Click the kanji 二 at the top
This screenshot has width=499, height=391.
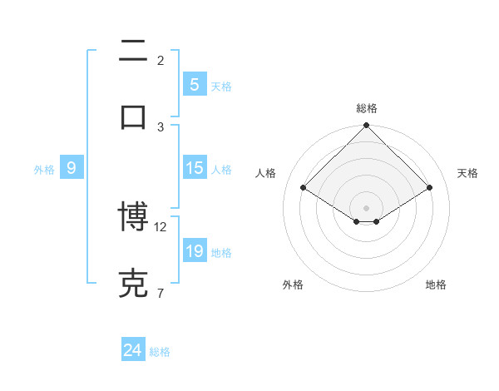coord(133,51)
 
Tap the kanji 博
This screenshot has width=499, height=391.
coord(133,217)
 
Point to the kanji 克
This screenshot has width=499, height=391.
coord(133,283)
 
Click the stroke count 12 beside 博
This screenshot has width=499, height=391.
coord(161,226)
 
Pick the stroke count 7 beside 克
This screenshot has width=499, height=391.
coord(160,293)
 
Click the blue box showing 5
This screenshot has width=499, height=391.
coord(194,84)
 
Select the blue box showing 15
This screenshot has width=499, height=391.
coord(194,168)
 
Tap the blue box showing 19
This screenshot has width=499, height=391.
coord(194,251)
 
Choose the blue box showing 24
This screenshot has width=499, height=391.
coord(133,350)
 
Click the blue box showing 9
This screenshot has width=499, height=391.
coord(72,168)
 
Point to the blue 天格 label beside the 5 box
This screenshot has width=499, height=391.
coord(221,86)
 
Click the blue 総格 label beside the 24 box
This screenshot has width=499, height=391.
coord(160,352)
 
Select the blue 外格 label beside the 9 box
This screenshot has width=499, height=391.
coord(44,169)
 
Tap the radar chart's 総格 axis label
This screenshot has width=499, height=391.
coord(367,108)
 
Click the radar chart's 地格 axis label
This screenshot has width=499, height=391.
coord(436,285)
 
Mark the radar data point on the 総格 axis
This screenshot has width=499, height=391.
coord(367,126)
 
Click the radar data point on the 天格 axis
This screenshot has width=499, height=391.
coord(430,188)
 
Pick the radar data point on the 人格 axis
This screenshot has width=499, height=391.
coord(304,188)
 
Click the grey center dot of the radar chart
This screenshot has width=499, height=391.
coord(367,207)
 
